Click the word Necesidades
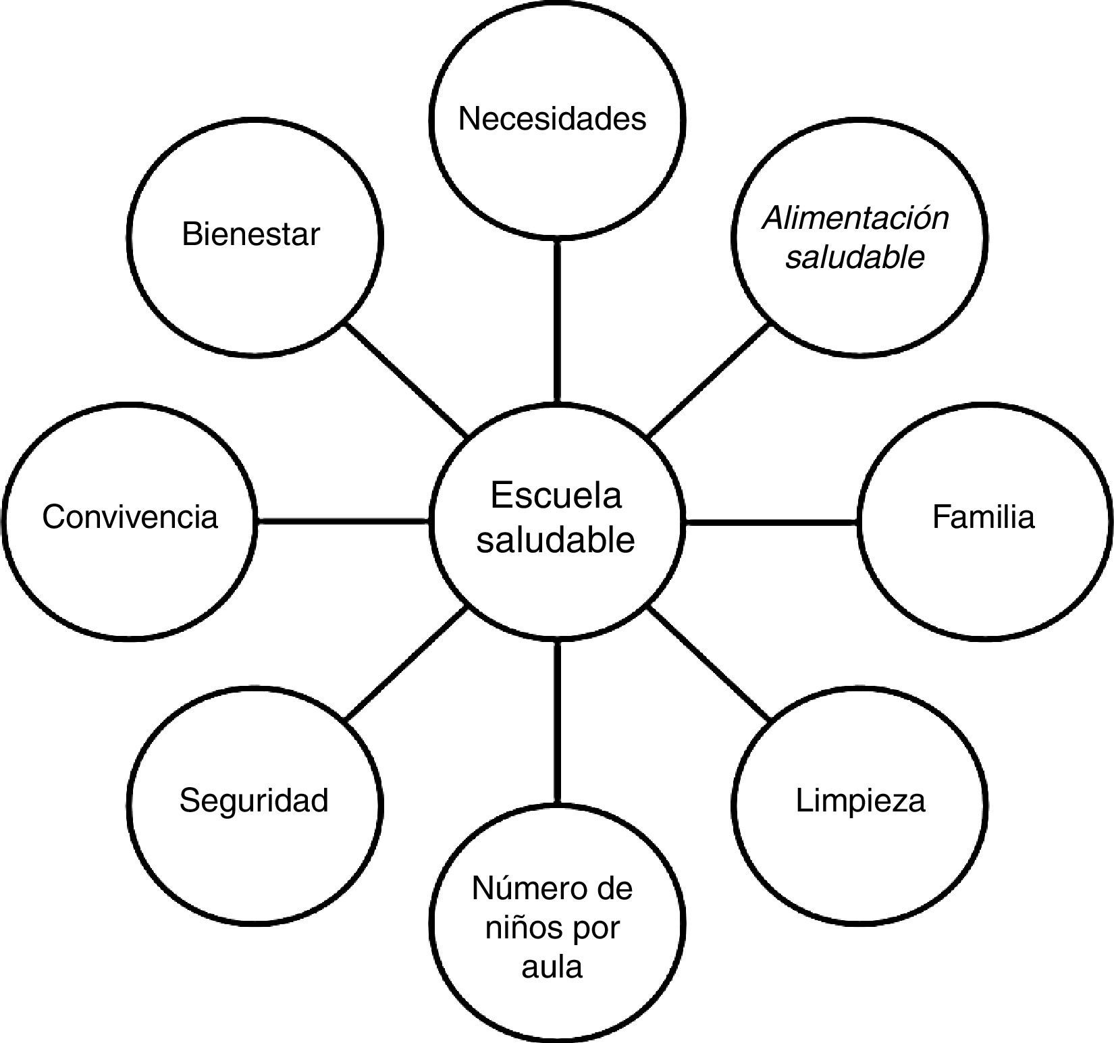552,119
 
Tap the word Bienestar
250,235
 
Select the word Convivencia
130,517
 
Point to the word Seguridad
254,800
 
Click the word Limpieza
860,800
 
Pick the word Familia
983,517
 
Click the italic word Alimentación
855,218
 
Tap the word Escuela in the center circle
555,495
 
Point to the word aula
552,966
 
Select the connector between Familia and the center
771,521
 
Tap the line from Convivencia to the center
342,521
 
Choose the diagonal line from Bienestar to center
405,380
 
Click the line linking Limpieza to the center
709,663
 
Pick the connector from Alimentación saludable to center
709,380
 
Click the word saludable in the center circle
555,540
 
